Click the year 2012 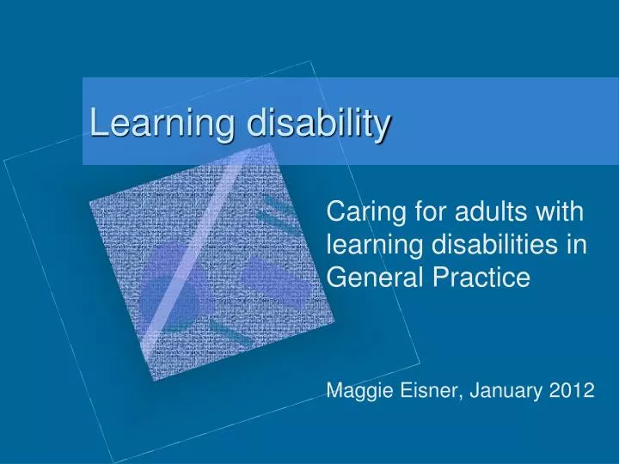tap(572, 390)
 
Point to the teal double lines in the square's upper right tap(279, 215)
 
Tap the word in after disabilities tap(577, 244)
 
